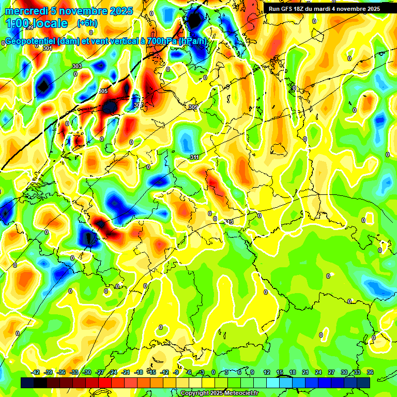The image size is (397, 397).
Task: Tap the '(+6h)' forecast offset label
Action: click(87, 23)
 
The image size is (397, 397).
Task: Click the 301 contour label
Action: click(48, 48)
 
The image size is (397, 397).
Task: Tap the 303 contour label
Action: click(77, 66)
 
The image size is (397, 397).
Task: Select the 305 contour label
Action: click(103, 91)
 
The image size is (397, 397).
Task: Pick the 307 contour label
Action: click(138, 105)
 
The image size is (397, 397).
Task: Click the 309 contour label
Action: click(193, 107)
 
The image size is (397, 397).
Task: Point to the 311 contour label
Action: click(195, 157)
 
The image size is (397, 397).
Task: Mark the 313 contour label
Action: click(228, 221)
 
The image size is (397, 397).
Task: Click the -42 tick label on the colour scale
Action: click(36, 372)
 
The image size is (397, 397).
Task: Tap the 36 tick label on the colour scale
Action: click(370, 372)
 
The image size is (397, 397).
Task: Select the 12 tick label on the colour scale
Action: click(267, 372)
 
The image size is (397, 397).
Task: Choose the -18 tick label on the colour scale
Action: click(139, 372)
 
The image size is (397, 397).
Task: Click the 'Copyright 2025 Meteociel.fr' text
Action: click(219, 393)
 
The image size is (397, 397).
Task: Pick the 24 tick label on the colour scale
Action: click(318, 372)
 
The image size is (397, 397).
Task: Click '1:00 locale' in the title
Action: click(37, 23)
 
